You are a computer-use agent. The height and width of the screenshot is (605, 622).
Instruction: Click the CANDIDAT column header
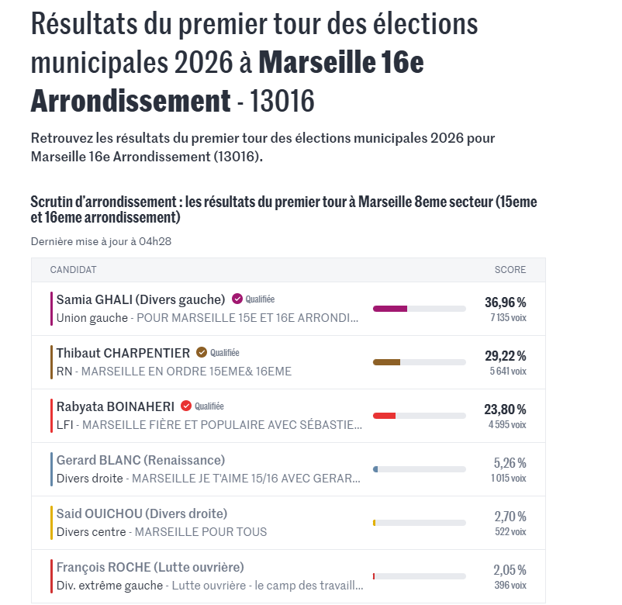click(x=73, y=270)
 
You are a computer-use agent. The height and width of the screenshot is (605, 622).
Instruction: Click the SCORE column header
click(x=510, y=270)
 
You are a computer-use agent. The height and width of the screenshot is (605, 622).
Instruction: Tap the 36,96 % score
click(x=505, y=302)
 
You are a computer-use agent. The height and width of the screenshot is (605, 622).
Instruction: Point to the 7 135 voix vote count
click(x=508, y=317)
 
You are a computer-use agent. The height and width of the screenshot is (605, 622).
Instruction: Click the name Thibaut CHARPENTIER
click(x=123, y=353)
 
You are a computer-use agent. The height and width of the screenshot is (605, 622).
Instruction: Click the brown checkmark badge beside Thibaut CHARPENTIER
click(x=202, y=352)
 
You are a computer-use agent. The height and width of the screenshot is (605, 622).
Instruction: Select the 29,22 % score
click(x=505, y=355)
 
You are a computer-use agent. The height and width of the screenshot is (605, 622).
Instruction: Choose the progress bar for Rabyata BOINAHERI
click(x=419, y=416)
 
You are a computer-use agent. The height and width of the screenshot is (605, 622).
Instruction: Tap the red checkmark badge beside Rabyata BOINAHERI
click(x=186, y=406)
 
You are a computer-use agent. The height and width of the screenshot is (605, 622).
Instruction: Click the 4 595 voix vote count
click(x=507, y=424)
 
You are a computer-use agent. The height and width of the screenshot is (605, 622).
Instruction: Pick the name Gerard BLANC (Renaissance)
click(x=140, y=460)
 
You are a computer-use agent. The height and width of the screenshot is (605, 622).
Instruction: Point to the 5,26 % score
click(x=510, y=462)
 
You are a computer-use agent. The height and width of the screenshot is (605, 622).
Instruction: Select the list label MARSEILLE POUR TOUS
click(x=201, y=532)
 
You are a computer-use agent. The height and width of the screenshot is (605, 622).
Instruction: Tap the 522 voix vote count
click(x=510, y=531)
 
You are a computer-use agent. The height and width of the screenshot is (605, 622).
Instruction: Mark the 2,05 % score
click(x=510, y=569)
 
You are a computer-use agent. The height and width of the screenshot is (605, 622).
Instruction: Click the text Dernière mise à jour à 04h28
click(x=101, y=241)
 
